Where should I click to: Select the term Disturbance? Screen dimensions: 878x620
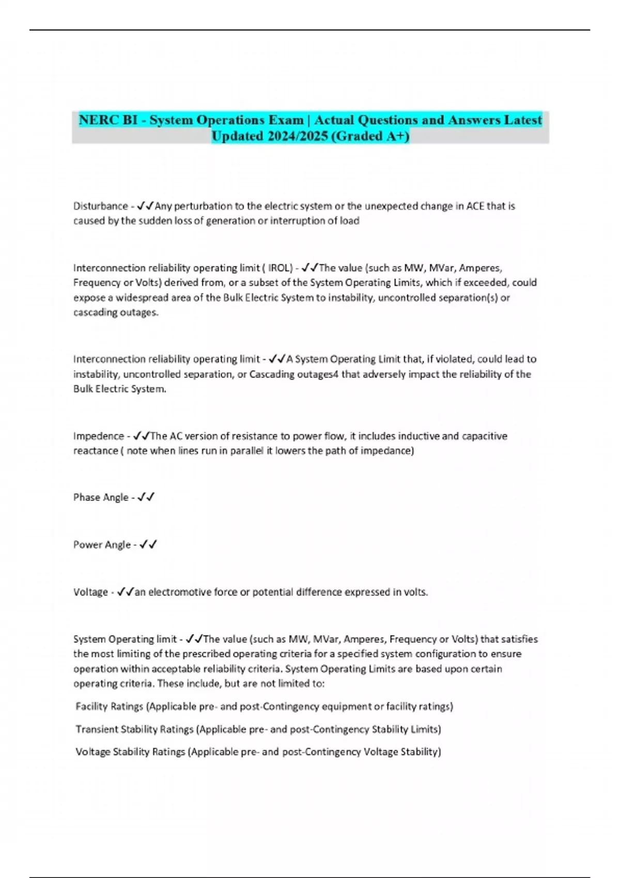[100, 206]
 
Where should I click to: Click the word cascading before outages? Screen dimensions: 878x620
[95, 312]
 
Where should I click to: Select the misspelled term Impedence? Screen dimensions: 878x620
[98, 436]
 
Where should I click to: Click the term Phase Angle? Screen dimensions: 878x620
[101, 497]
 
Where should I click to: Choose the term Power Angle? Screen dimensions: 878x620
[102, 545]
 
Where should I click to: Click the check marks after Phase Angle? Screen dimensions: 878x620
[146, 497]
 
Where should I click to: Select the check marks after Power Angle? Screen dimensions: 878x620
[148, 545]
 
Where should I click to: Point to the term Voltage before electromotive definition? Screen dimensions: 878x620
[90, 592]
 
